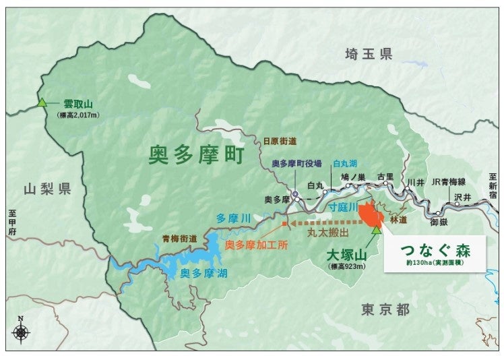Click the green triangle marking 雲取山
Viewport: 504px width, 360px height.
coord(42,103)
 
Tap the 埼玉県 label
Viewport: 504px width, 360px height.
coord(368,55)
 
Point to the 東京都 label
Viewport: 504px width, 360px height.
coord(385,309)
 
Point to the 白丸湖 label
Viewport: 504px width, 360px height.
coord(346,163)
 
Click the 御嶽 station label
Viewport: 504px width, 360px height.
coord(440,220)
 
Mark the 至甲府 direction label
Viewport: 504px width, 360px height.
coord(13,223)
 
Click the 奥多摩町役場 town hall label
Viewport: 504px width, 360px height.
coord(298,163)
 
